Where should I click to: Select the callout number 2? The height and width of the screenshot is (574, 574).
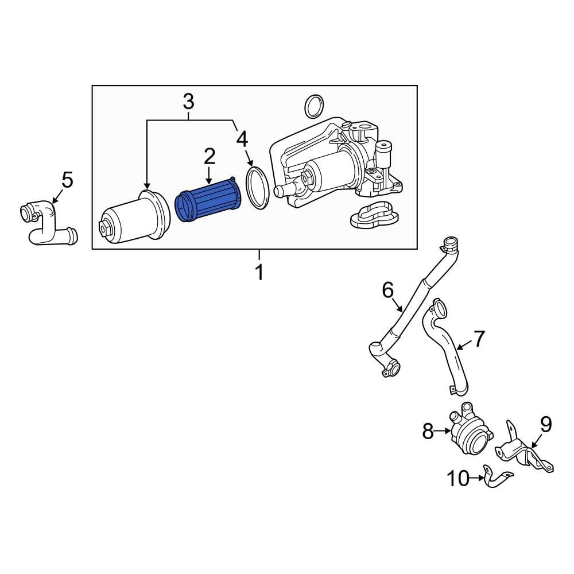coord(209,156)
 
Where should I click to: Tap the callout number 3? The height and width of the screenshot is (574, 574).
coord(188,102)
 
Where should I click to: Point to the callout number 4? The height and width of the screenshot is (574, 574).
coord(242,138)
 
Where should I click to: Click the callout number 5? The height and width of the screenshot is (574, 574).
coord(67,181)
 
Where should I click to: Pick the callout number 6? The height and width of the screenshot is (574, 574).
coord(388,290)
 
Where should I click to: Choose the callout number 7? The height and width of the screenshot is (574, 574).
coord(479,339)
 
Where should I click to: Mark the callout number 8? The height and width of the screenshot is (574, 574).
coord(428,430)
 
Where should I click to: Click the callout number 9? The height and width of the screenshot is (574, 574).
coord(545,425)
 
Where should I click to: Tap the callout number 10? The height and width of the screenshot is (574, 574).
coord(459,478)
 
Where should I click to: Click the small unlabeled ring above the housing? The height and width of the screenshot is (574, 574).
coord(313,106)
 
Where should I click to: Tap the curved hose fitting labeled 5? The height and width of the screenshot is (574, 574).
coord(46,224)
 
